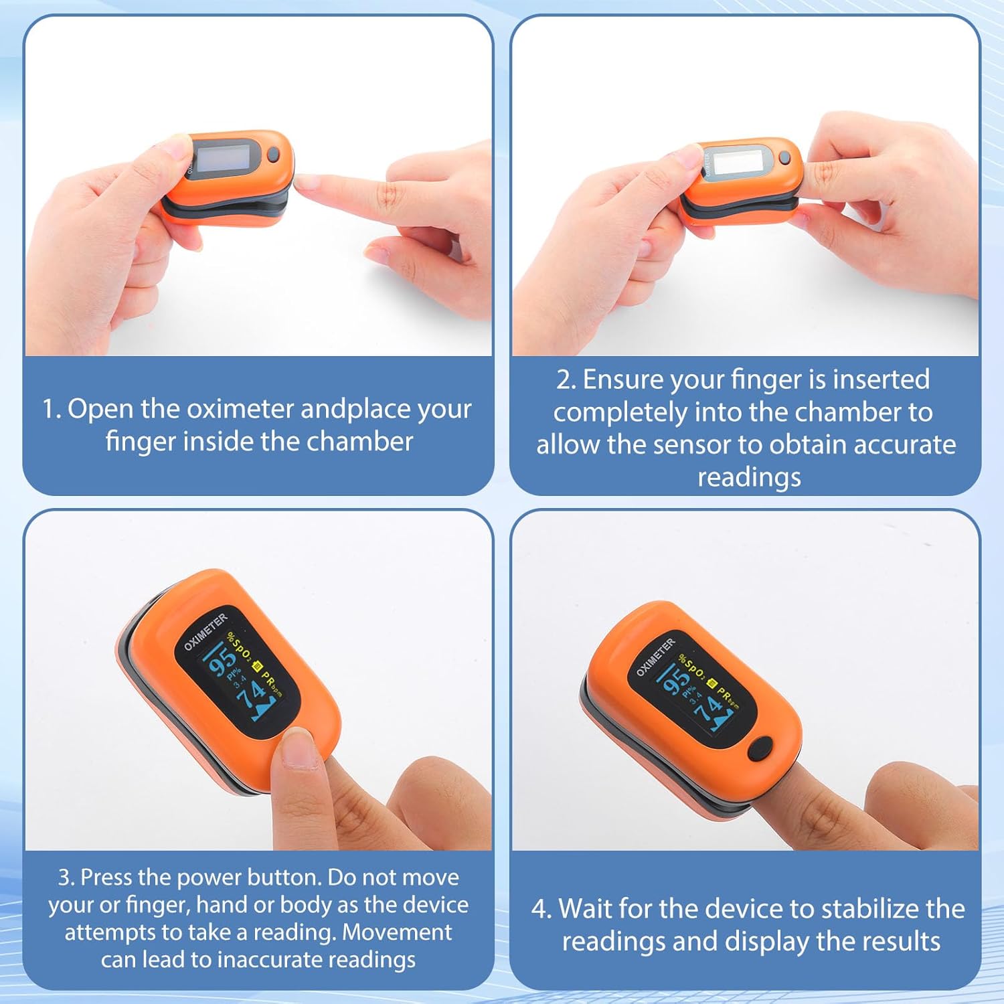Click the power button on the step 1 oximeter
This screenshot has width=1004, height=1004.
pos(273,155)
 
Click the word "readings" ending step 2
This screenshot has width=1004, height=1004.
pos(749,477)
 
